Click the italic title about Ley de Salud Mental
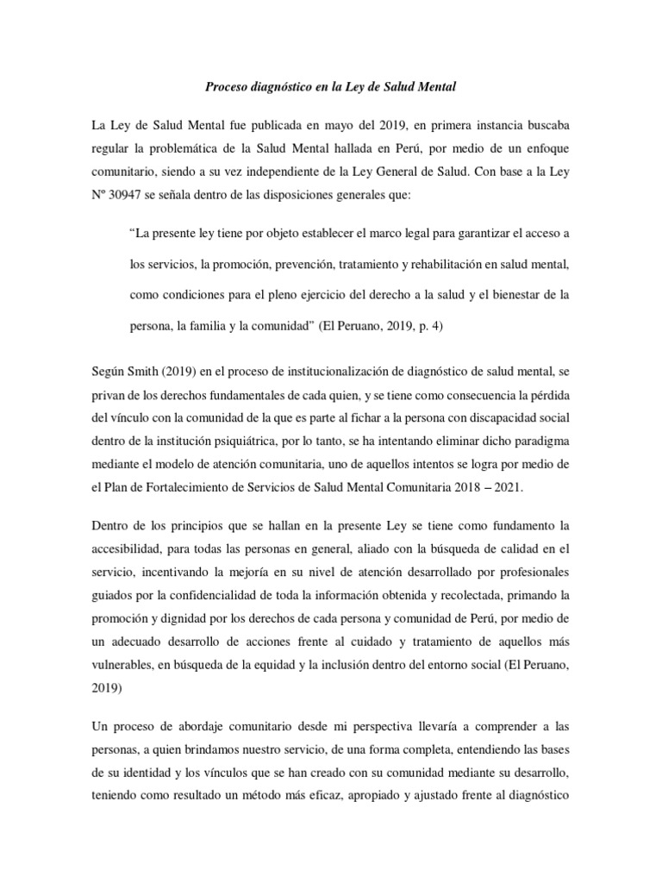(330, 87)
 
